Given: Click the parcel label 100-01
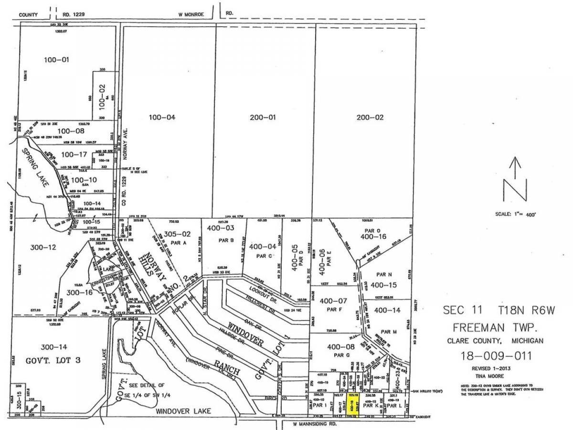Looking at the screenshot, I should point(57,60).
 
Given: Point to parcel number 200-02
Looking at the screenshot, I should point(370,117).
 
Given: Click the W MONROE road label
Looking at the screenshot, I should point(191,15).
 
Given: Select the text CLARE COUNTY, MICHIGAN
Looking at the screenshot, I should point(496,341).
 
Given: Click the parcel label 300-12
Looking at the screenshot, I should point(31,247).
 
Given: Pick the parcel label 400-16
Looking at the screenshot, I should point(374,236).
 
